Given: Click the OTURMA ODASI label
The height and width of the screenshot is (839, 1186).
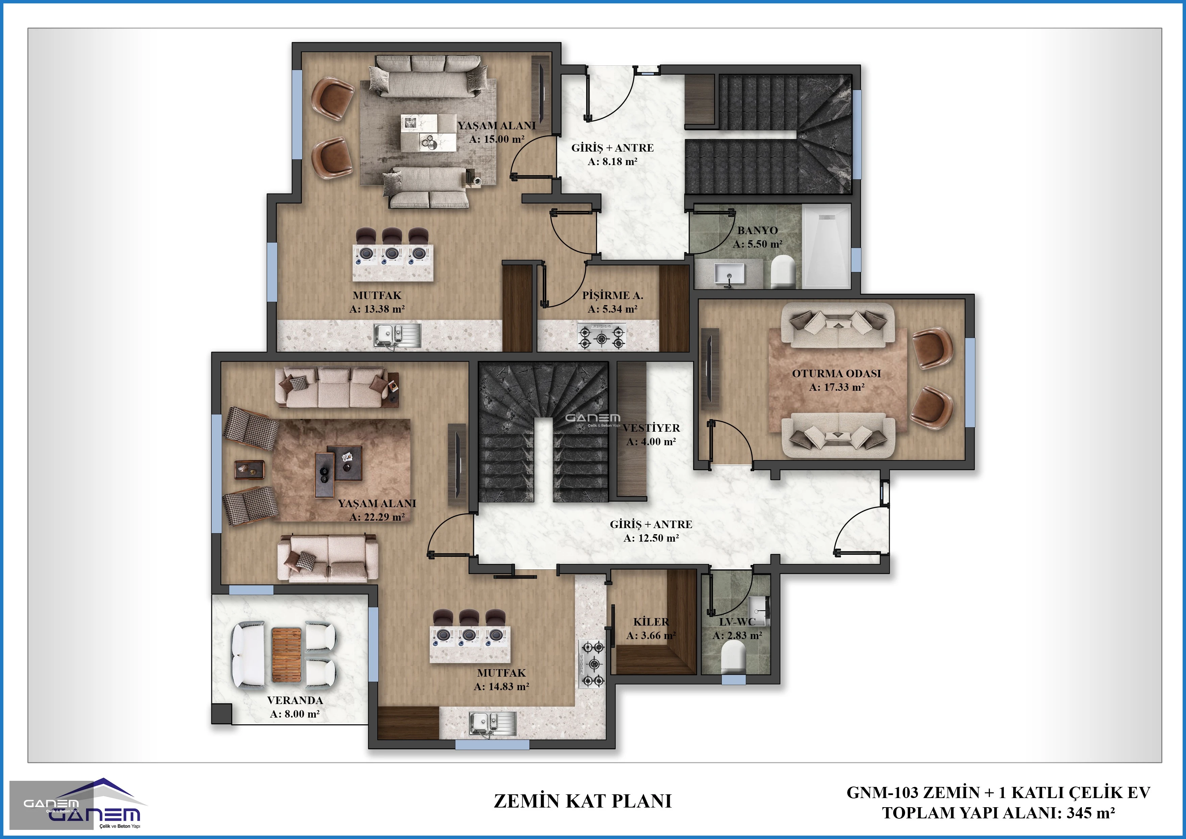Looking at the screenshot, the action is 836,373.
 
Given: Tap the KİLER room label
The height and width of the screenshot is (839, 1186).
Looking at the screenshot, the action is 651,622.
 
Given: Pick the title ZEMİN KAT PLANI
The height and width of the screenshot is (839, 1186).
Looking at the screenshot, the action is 583,801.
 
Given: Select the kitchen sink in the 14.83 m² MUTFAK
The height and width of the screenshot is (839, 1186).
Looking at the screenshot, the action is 492,723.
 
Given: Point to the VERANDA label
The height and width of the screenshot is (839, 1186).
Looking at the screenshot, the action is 295,700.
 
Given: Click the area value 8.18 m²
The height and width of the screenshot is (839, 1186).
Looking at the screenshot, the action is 613,161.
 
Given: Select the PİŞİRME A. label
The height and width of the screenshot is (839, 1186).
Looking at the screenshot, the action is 613,296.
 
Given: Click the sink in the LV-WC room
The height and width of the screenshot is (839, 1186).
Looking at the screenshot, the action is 758,607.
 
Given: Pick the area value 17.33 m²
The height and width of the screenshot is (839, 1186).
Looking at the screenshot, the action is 837,387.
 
